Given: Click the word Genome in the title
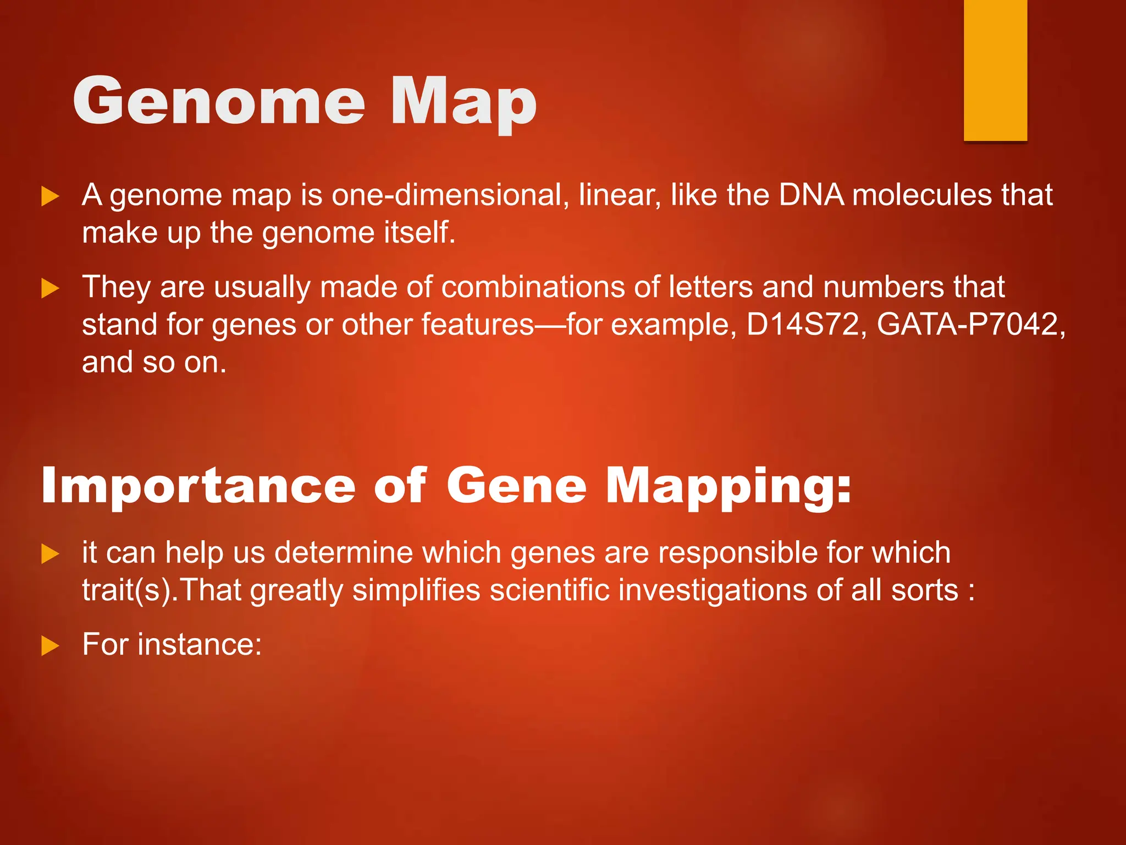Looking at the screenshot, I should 219,102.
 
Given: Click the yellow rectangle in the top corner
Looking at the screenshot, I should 995,70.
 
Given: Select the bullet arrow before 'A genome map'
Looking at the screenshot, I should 50,196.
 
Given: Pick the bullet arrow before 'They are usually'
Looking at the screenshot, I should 50,288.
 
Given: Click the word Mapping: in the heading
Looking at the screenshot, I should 728,487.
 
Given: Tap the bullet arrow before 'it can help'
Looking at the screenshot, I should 50,554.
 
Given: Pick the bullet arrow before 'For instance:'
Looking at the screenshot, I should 50,646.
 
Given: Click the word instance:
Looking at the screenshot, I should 200,645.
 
